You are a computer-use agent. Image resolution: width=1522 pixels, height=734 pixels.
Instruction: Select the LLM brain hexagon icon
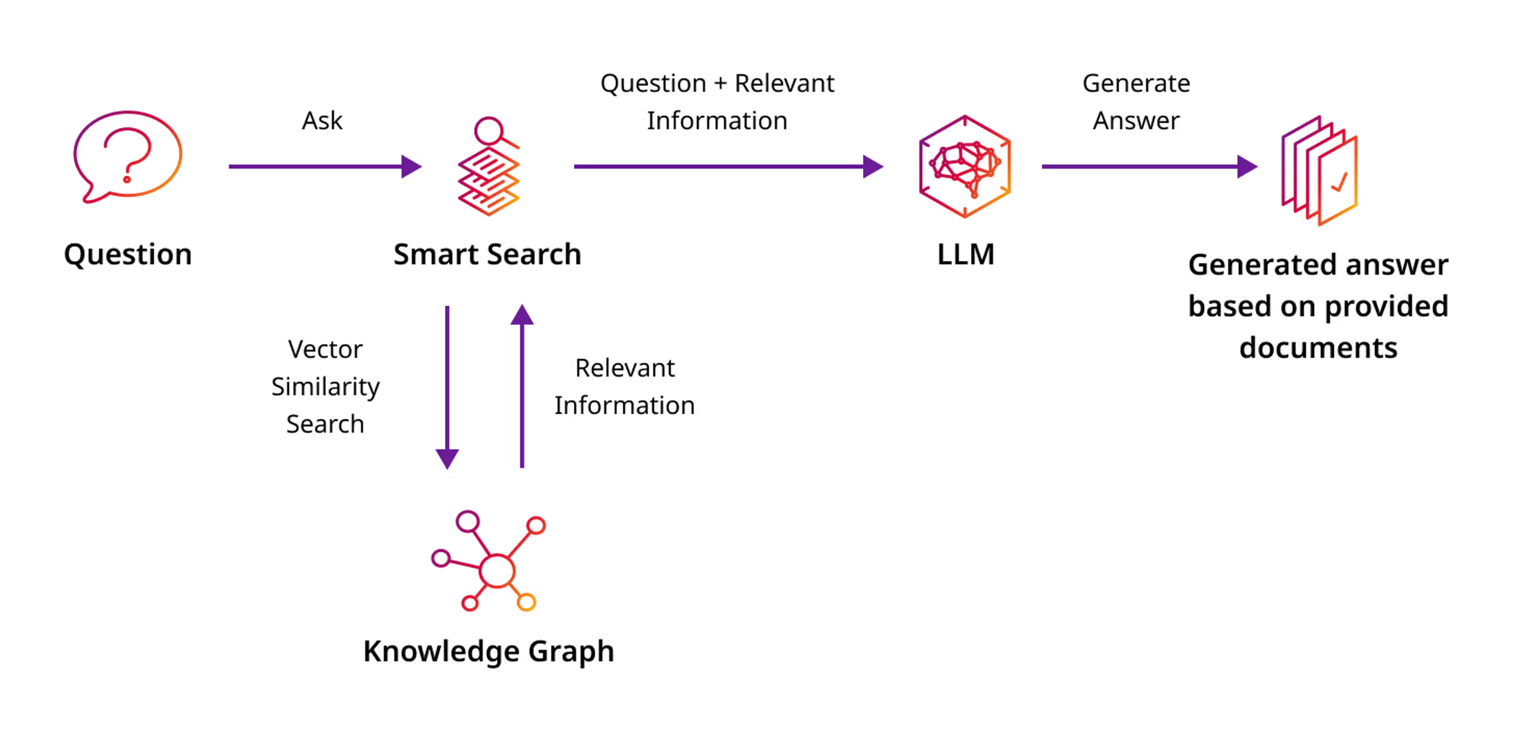(x=965, y=167)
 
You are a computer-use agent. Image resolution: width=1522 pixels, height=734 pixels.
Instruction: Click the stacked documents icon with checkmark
(x=1320, y=171)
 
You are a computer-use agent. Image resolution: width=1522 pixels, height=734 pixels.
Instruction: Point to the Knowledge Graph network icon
(x=488, y=561)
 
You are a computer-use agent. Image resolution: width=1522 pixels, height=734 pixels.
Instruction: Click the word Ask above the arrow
(x=322, y=120)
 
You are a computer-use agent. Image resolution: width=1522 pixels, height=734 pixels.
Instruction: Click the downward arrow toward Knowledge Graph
(x=447, y=387)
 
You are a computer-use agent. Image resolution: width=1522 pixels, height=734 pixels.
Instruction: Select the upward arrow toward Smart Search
(x=522, y=387)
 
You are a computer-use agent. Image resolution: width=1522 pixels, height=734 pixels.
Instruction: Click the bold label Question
(x=128, y=255)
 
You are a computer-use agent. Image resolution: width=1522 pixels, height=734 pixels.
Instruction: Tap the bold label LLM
(x=965, y=255)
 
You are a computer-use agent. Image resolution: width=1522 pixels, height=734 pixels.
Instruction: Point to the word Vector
(x=325, y=349)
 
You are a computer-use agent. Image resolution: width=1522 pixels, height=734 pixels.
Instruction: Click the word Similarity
(x=325, y=387)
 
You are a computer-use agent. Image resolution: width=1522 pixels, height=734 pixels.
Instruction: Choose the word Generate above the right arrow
(x=1136, y=84)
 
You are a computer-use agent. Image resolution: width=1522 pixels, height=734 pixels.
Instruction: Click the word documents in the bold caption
(x=1318, y=348)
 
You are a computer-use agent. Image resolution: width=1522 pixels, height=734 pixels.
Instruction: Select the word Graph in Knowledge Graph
(x=571, y=652)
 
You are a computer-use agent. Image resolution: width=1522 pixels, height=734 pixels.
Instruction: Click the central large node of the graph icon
(x=497, y=571)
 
